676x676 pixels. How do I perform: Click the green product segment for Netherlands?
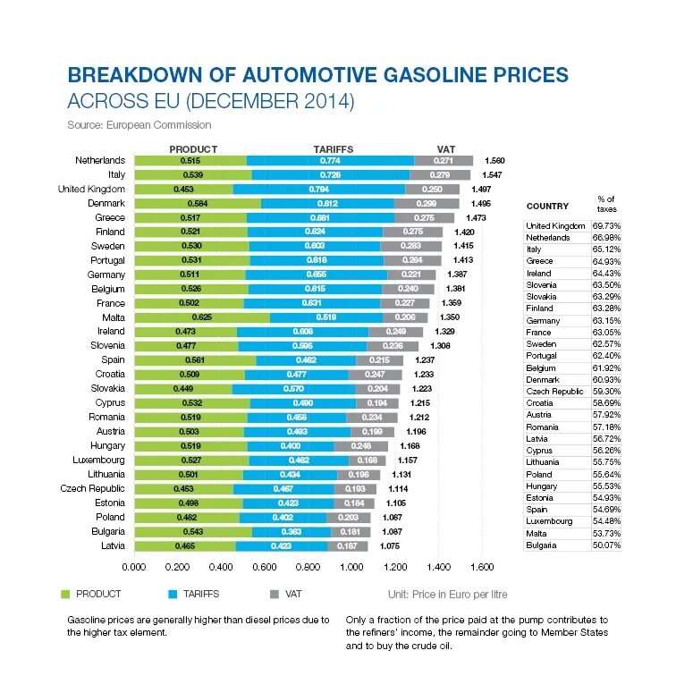point(190,160)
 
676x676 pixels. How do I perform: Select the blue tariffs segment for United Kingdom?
point(319,190)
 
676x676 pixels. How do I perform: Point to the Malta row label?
point(113,317)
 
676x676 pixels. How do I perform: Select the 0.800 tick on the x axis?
point(308,567)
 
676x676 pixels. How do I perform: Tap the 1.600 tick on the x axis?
point(482,567)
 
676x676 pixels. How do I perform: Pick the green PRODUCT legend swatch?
point(65,594)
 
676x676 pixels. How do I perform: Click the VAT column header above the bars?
point(446,149)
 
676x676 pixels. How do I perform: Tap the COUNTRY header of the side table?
point(547,207)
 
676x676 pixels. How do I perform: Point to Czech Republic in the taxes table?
point(555,392)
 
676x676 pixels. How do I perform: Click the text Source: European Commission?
point(139,125)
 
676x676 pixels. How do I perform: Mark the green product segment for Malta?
point(202,317)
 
